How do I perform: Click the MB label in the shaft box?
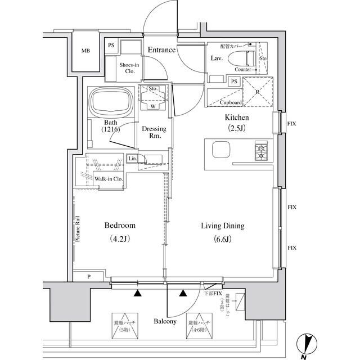pos(85,51)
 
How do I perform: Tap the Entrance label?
pos(161,50)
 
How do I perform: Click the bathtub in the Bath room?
pos(111,103)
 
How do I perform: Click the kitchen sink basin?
pos(220,151)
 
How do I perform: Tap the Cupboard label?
pos(231,102)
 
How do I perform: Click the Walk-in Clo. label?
pos(109,179)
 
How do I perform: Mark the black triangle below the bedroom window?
pos(137,292)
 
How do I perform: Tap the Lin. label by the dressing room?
pos(132,159)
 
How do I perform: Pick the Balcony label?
pos(165,322)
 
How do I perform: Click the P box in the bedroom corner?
pos(88,276)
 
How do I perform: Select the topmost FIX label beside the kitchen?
pos(291,123)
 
